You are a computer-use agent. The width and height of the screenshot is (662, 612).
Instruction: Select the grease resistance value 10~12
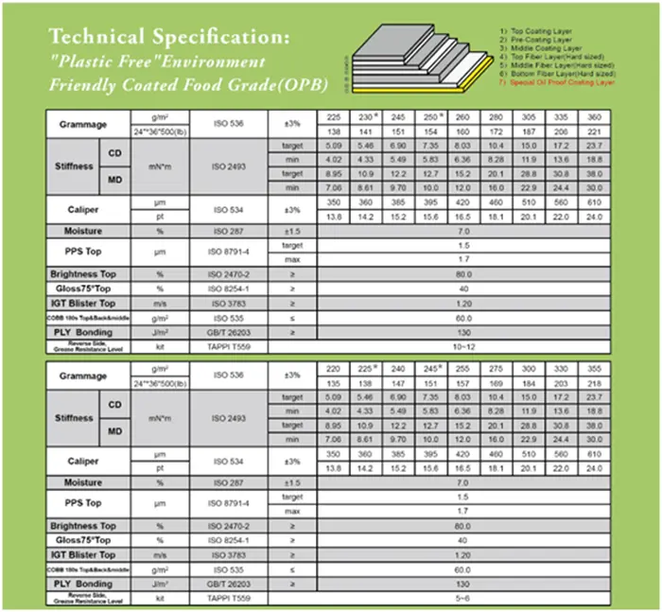click(463, 347)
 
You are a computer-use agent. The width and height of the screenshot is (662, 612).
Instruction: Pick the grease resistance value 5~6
click(463, 599)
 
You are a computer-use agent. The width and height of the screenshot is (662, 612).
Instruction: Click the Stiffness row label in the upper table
click(75, 166)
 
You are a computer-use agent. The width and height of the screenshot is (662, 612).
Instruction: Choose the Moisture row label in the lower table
click(83, 482)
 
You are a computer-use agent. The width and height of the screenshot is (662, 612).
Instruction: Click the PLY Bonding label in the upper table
click(84, 332)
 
